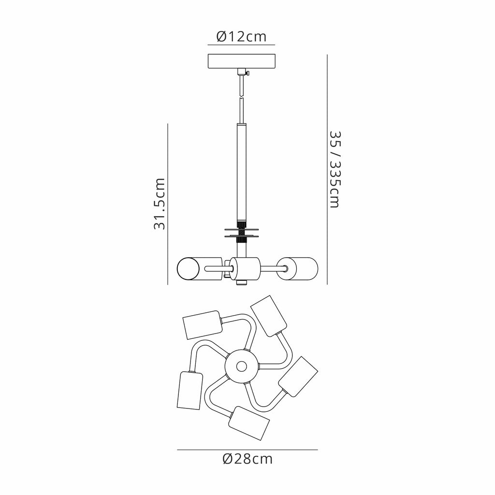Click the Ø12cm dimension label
pyautogui.click(x=242, y=36)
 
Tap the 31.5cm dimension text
pyautogui.click(x=160, y=204)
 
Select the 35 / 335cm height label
pyautogui.click(x=334, y=169)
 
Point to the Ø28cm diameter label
pyautogui.click(x=247, y=459)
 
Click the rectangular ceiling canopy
pyautogui.click(x=241, y=61)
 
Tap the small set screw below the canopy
pyautogui.click(x=247, y=73)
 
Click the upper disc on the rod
pyautogui.click(x=241, y=229)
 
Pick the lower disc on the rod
pyautogui.click(x=241, y=236)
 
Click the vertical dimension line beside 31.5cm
pyautogui.click(x=167, y=204)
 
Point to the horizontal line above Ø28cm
pyautogui.click(x=247, y=450)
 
